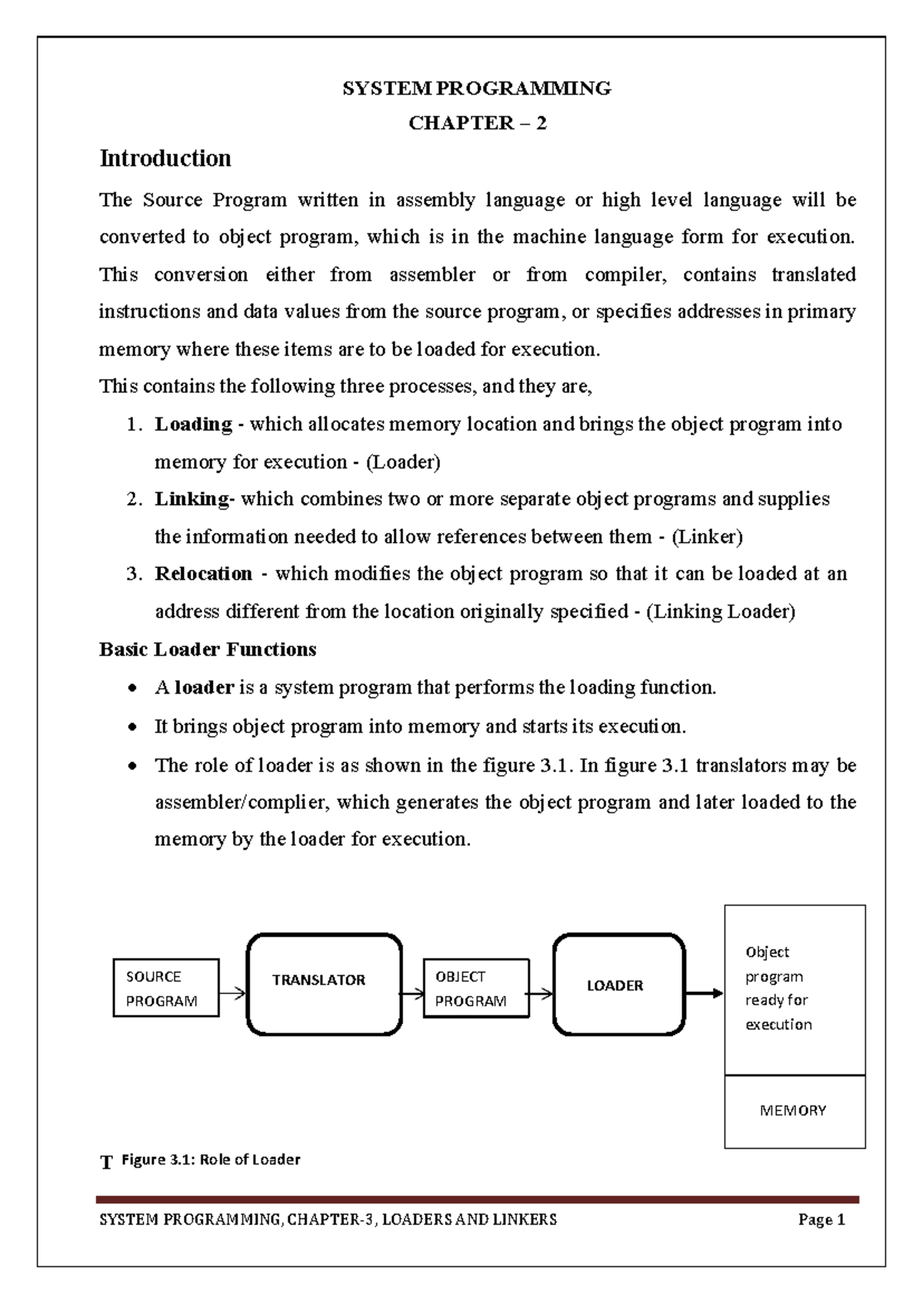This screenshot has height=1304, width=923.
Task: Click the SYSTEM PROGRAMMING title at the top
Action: pyautogui.click(x=476, y=88)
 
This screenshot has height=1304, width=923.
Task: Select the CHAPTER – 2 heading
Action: pyautogui.click(x=477, y=123)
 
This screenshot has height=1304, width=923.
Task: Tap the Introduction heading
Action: pyautogui.click(x=165, y=158)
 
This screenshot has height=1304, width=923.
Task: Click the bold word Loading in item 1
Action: pyautogui.click(x=193, y=424)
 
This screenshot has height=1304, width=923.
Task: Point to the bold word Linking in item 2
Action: pyautogui.click(x=193, y=499)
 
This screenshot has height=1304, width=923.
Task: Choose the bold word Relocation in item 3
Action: pyautogui.click(x=203, y=574)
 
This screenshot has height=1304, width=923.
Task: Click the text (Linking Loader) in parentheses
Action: pyautogui.click(x=721, y=611)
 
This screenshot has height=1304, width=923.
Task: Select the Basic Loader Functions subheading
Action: pyautogui.click(x=208, y=650)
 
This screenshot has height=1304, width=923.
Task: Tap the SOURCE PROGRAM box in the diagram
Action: pyautogui.click(x=166, y=988)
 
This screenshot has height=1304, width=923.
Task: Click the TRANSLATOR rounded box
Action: pyautogui.click(x=324, y=984)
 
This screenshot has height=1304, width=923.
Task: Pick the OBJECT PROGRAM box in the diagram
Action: pyautogui.click(x=476, y=988)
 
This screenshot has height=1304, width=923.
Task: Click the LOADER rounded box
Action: pyautogui.click(x=618, y=985)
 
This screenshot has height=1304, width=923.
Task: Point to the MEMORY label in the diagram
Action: pyautogui.click(x=793, y=1110)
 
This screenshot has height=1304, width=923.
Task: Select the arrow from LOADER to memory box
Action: pyautogui.click(x=704, y=993)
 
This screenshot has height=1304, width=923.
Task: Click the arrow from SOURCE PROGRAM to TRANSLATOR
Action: pyautogui.click(x=232, y=993)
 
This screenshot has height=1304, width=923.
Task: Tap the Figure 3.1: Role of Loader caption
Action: pyautogui.click(x=211, y=1159)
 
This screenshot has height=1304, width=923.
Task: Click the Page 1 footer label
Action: pyautogui.click(x=821, y=1219)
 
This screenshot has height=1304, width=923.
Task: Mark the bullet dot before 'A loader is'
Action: pyautogui.click(x=134, y=688)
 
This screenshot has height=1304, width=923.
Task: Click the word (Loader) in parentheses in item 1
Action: pyautogui.click(x=403, y=462)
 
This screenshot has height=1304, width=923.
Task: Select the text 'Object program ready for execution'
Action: pyautogui.click(x=778, y=988)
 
